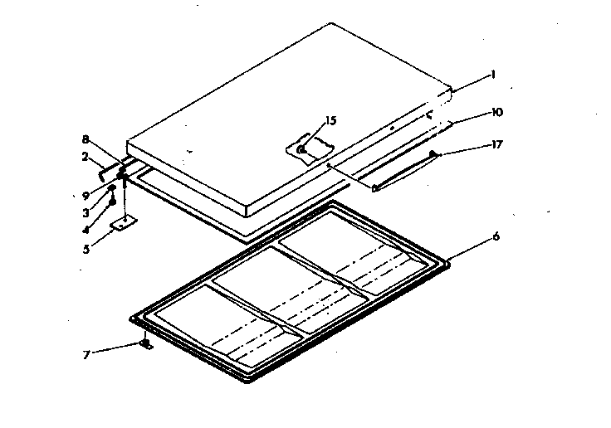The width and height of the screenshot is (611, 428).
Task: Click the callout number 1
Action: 492,74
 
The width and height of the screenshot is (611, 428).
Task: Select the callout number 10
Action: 497,112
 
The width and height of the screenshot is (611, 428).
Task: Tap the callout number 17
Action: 497,144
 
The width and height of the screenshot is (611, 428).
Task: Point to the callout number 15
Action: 330,121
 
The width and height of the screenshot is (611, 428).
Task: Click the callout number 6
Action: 496,236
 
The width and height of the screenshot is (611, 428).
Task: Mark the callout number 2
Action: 86,156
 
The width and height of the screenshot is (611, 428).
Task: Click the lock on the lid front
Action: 303,150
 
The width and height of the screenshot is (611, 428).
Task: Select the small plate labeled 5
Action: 125,224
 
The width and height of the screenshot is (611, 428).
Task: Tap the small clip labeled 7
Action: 146,344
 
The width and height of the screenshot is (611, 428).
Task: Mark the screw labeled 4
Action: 112,202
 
